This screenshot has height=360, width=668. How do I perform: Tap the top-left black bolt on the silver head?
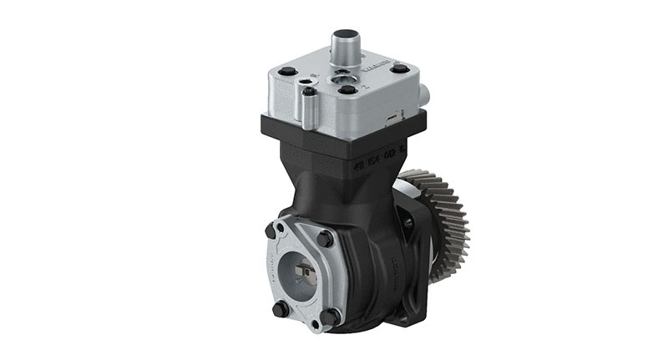287,72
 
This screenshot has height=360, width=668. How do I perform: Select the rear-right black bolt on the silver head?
400,68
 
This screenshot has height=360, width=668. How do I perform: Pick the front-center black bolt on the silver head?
347,89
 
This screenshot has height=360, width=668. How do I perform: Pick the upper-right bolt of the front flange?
325,239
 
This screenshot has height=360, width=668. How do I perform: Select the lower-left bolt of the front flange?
281,307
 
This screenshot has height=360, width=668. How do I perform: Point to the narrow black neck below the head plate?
334,180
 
